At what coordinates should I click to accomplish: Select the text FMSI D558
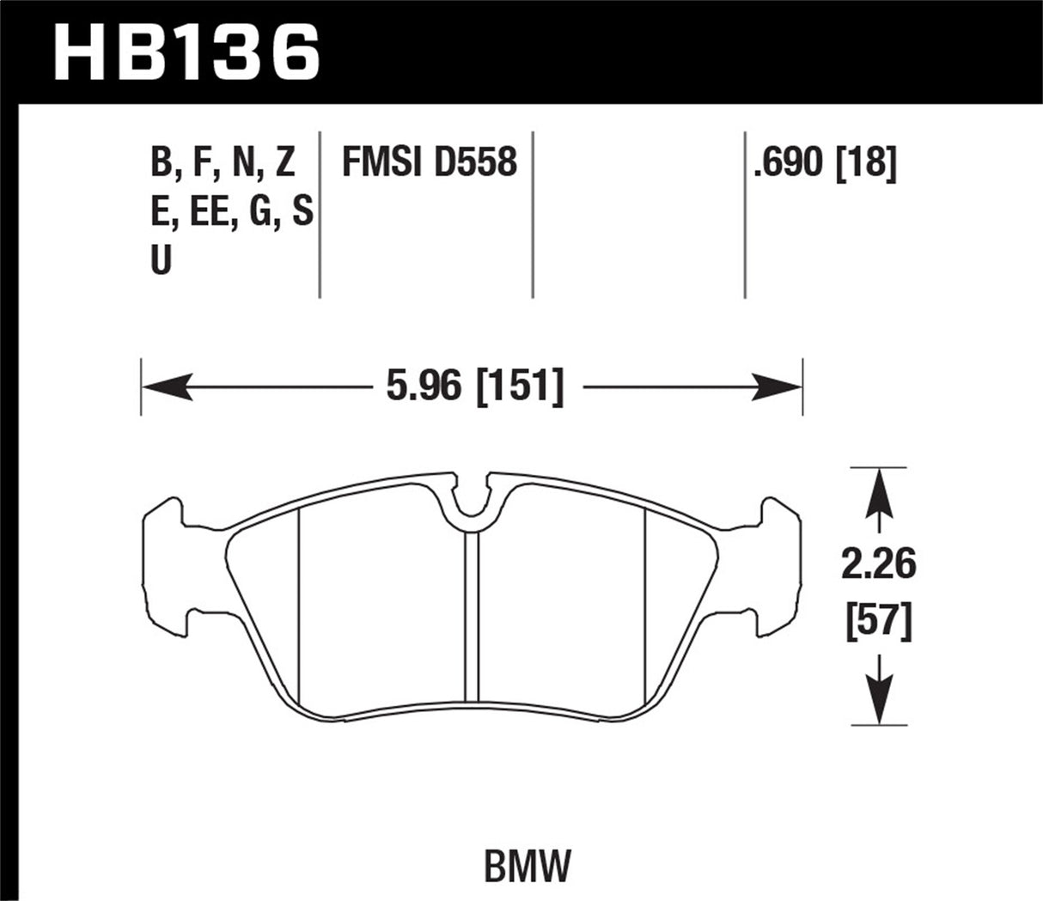pos(429,162)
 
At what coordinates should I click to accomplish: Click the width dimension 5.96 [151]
pos(475,387)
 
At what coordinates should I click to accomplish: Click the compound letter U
pos(161,260)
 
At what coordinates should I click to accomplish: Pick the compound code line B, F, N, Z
pos(223,162)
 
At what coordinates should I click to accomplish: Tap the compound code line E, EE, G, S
pos(230,211)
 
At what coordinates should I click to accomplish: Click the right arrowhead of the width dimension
pos(778,387)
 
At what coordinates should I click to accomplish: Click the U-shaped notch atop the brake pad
pos(471,502)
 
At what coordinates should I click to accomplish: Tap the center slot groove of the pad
pos(471,614)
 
